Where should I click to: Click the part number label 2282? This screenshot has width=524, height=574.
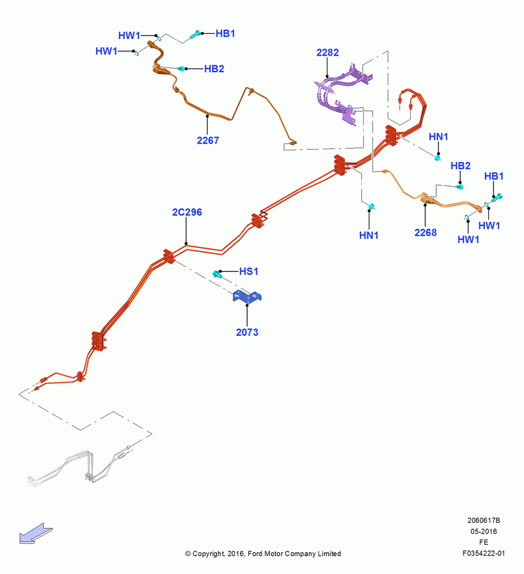(327, 53)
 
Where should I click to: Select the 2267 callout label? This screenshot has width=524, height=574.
(208, 141)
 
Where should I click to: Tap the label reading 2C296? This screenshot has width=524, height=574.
(187, 212)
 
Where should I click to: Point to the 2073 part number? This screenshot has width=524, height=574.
(247, 332)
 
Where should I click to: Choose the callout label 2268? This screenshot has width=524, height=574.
(425, 233)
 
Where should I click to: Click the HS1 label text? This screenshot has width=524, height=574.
(249, 272)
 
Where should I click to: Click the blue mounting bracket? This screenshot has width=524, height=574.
(247, 296)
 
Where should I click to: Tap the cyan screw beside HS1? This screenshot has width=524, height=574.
(217, 273)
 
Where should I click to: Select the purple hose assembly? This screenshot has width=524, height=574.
(342, 94)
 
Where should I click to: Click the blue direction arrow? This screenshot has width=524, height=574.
(36, 534)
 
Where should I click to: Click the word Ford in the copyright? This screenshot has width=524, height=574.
(255, 554)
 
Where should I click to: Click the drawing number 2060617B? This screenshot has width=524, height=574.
(484, 521)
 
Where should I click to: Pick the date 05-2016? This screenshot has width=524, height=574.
(484, 532)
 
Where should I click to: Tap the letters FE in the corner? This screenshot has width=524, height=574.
(484, 542)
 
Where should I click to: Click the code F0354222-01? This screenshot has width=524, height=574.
(484, 553)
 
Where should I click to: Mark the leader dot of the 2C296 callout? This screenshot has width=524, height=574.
(186, 243)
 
